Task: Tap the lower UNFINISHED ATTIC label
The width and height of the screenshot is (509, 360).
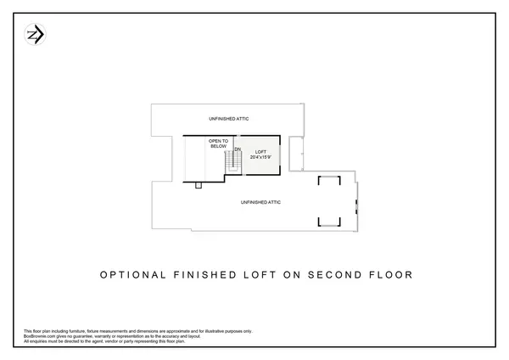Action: (x=260, y=202)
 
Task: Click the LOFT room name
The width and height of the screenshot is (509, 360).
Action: (x=260, y=152)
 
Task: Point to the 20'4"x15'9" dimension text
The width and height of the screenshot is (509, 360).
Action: (x=260, y=158)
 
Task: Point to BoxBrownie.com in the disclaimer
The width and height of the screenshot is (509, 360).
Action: (x=40, y=335)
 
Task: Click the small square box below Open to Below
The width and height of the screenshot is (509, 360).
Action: (x=198, y=183)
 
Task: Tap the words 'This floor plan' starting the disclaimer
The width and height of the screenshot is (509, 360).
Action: (x=36, y=330)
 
